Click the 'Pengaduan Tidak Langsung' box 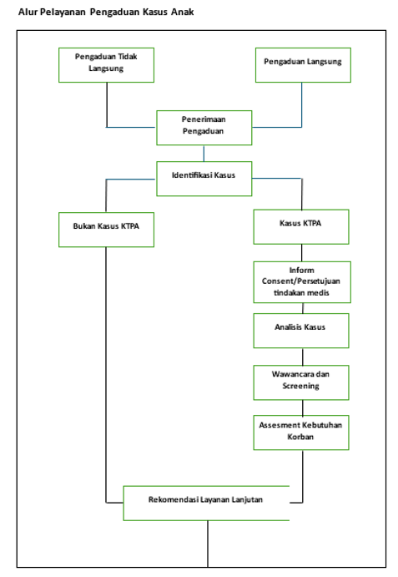click(106, 65)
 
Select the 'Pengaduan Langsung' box click(303, 65)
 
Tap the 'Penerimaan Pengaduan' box click(204, 127)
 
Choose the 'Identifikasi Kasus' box click(204, 179)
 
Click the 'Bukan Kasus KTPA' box click(106, 230)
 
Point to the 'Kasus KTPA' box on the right click(301, 226)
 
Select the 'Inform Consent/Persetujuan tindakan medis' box click(302, 282)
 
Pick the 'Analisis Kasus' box click(301, 331)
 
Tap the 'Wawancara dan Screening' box click(301, 382)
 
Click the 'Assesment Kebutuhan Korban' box click(301, 433)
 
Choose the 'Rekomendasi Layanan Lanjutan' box click(206, 503)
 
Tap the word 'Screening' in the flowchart click(300, 386)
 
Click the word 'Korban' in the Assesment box click(300, 437)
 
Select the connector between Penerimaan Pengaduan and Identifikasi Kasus click(204, 153)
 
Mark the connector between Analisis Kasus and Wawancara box click(303, 357)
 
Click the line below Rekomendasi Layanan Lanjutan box click(208, 544)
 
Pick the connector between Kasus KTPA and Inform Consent click(301, 253)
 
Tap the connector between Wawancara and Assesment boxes click(303, 407)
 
